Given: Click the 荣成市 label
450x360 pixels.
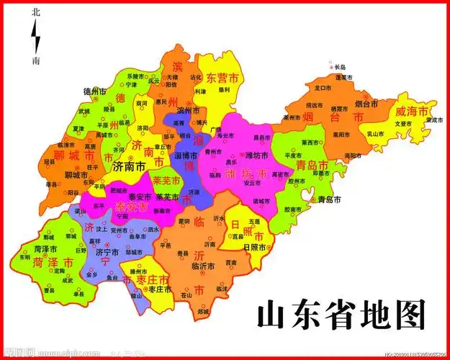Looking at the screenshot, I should click(431, 120).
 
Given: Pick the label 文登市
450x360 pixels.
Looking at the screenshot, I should click(402, 123).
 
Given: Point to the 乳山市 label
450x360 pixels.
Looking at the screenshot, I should click(374, 134).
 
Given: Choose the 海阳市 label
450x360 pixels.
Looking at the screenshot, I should click(352, 155).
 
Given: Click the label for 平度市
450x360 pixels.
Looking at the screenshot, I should click(292, 155).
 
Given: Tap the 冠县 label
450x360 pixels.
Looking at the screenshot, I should click(50, 162).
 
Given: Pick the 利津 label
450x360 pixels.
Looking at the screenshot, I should click(201, 91).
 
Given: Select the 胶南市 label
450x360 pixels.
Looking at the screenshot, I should click(293, 210).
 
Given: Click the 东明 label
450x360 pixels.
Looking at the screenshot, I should click(24, 256).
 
